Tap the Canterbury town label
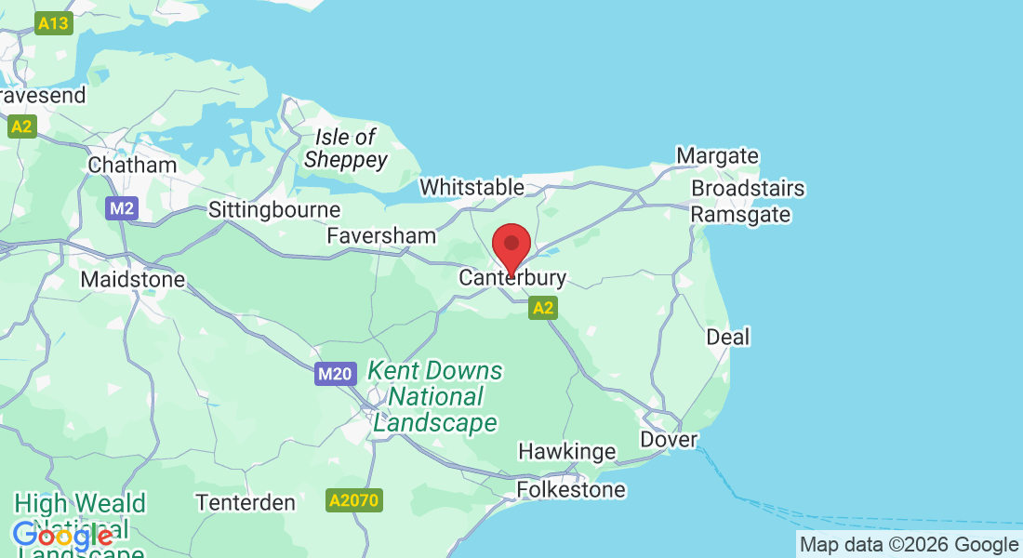point(512,278)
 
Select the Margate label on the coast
point(717,155)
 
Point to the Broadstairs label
point(748,189)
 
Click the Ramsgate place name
point(740,215)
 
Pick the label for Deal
point(727,337)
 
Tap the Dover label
point(669,439)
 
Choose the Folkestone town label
point(571,489)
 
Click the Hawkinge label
point(566,452)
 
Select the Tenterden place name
point(246,502)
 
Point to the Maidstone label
point(133,279)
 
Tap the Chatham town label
point(132,165)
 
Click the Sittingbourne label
point(274,209)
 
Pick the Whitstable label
point(472,187)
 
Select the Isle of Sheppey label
point(346,149)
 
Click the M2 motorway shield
point(122,208)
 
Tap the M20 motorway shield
point(335,375)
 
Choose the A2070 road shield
point(354,501)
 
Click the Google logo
point(62,536)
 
